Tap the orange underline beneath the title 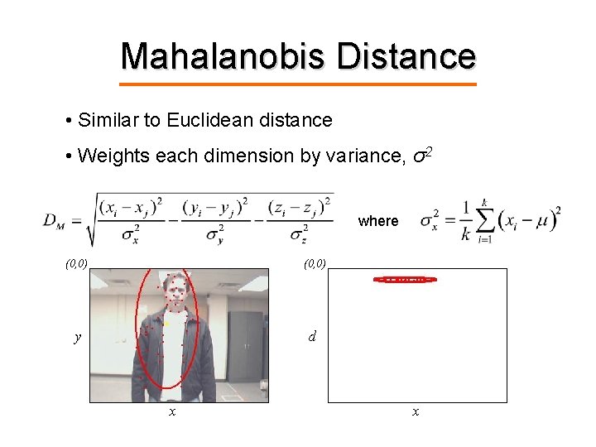(x=298, y=84)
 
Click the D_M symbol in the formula (x=56, y=221)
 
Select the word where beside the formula (x=378, y=221)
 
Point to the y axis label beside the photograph (x=77, y=337)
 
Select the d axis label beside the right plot (x=311, y=337)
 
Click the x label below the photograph (x=171, y=411)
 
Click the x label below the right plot (x=416, y=411)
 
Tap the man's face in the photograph (x=176, y=291)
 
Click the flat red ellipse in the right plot (x=405, y=280)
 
